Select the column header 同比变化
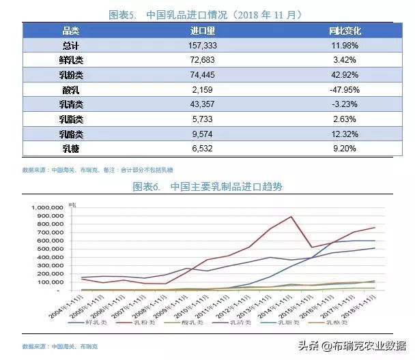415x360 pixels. pos(345,31)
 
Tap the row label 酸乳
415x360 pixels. pos(72,89)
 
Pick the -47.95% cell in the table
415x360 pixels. pos(345,89)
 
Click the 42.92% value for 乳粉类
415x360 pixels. pos(345,74)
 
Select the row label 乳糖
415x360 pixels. pos(72,148)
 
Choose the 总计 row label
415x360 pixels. pos(72,45)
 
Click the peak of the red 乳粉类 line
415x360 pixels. pos(291,217)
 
